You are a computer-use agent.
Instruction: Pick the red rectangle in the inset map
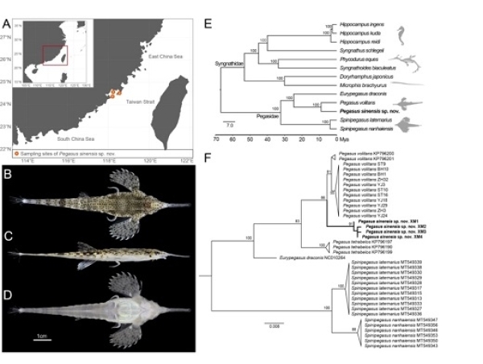54,56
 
